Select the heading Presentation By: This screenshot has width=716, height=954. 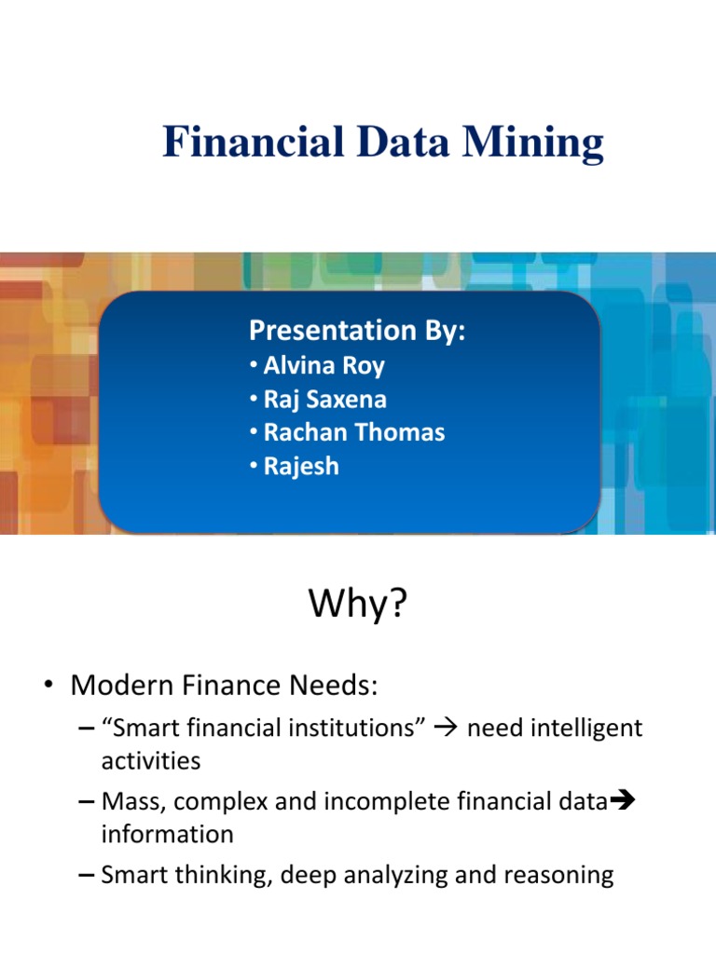coord(357,330)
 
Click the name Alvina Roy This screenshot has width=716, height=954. coord(323,365)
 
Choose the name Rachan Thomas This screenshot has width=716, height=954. coord(353,432)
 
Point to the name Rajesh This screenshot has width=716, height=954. coord(301,466)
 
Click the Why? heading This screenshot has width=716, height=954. coord(358,606)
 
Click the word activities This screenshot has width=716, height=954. coord(150,760)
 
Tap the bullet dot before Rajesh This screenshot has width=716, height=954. coord(254,466)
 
